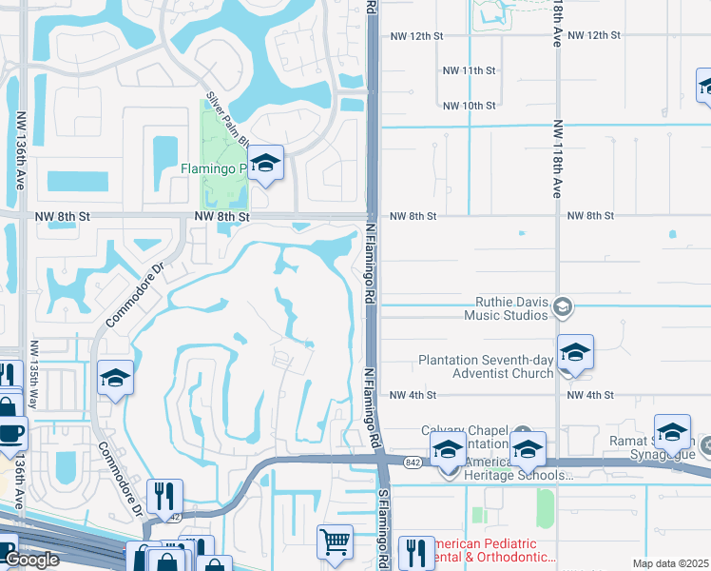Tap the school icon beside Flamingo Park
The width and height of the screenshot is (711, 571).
pos(267,163)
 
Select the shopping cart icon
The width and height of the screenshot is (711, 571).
pos(335,542)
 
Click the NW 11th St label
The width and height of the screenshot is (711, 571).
pos(470,70)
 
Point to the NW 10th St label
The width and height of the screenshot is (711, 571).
pos(470,105)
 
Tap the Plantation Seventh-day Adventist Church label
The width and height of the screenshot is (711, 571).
pos(486,366)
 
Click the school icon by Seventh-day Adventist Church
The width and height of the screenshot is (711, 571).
pos(575,353)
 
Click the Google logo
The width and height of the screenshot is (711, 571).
pos(31,560)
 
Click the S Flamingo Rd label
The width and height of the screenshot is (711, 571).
pos(384,528)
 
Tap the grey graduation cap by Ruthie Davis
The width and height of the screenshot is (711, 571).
pos(564,305)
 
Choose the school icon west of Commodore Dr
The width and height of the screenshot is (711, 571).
pos(115,379)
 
